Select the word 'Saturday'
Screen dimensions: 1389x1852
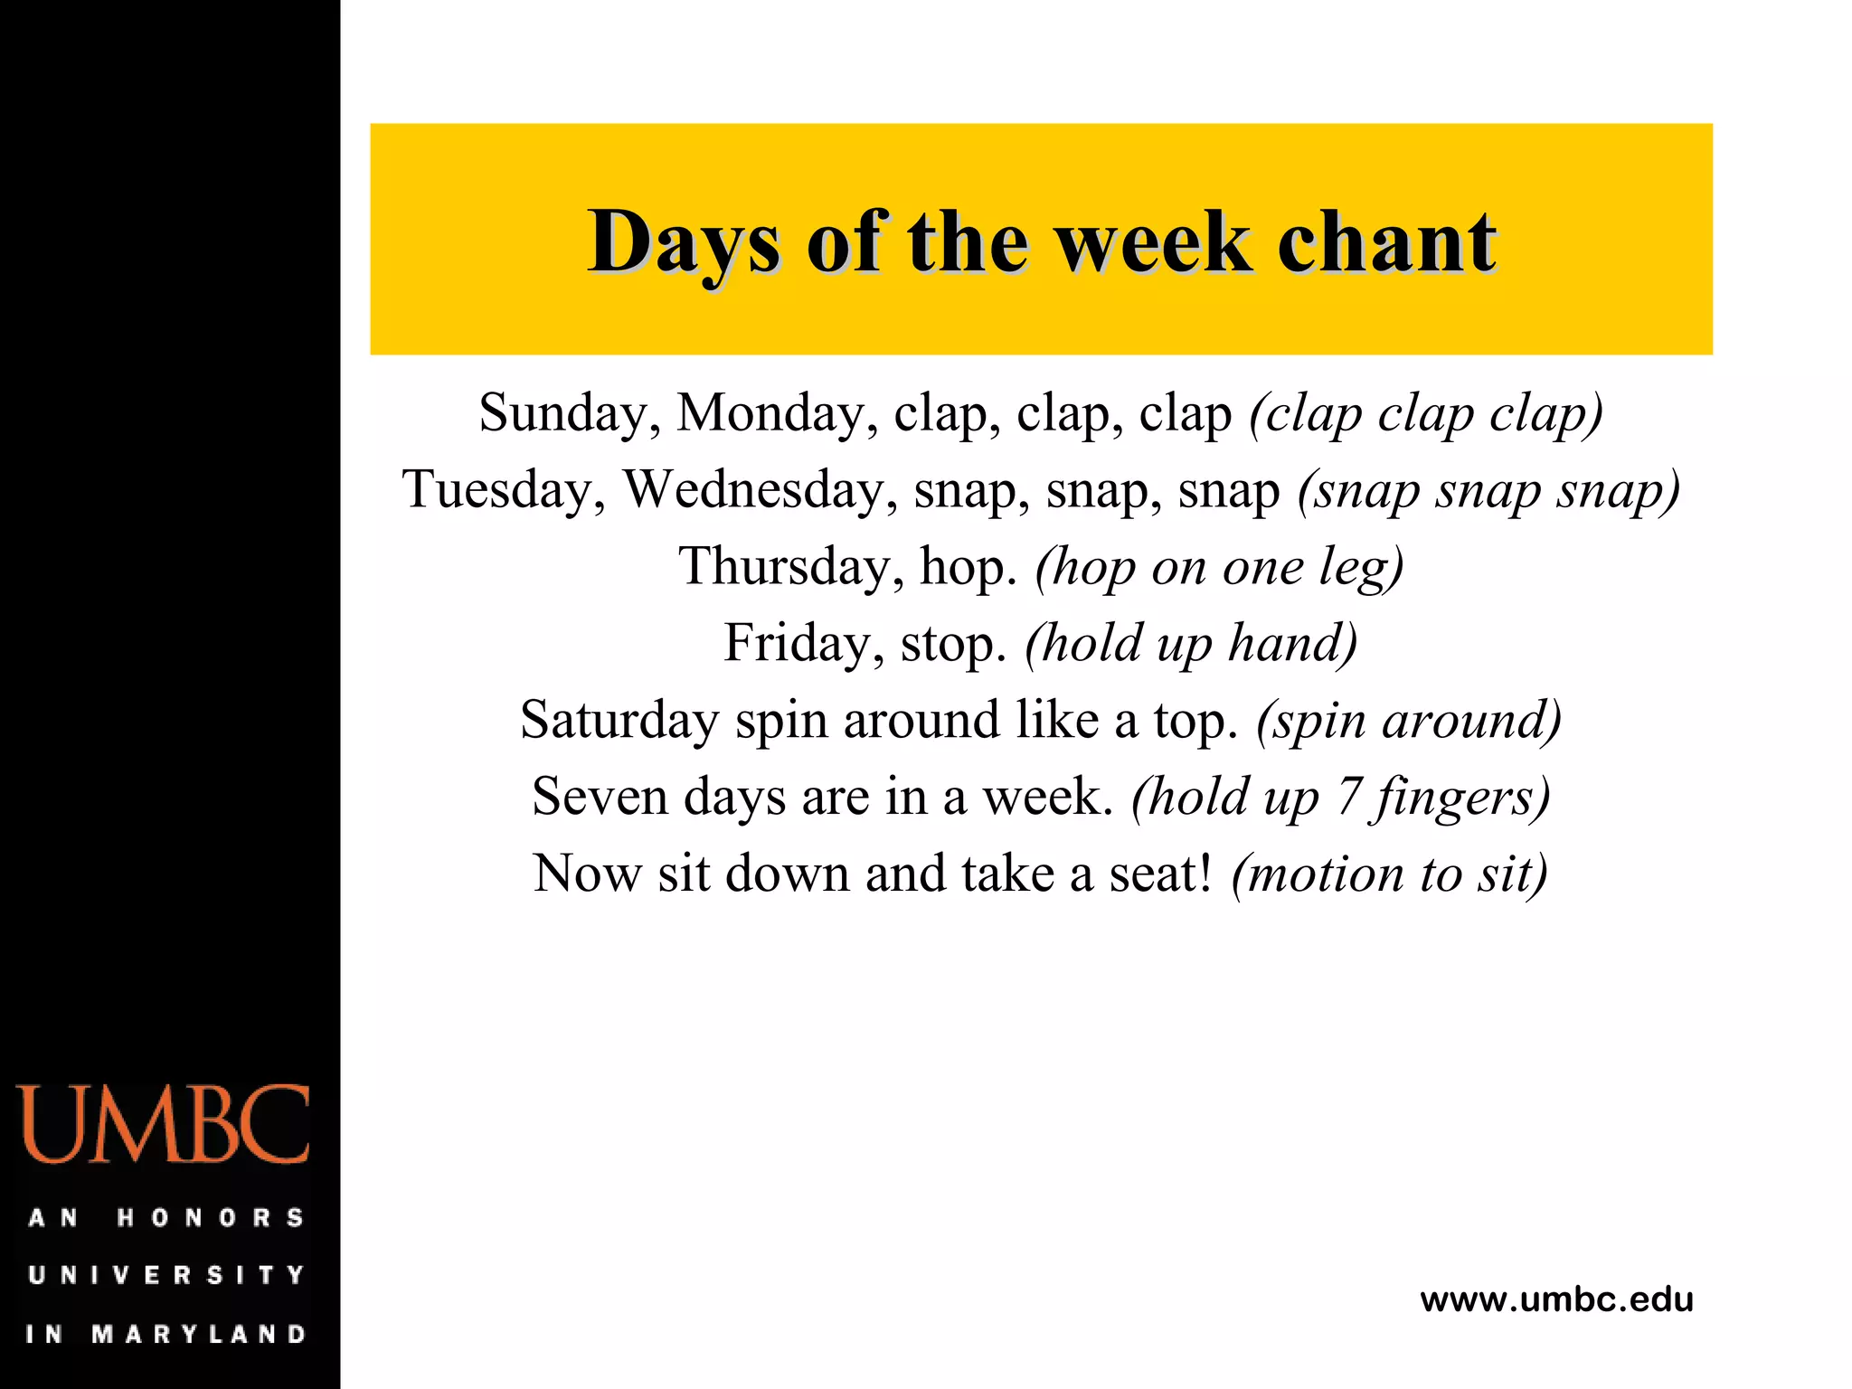point(619,721)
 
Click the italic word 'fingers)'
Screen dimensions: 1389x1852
point(1460,799)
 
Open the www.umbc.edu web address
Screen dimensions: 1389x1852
point(1556,1299)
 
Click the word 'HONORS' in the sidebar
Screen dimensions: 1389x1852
point(210,1218)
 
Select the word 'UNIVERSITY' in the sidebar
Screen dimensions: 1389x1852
point(166,1275)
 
